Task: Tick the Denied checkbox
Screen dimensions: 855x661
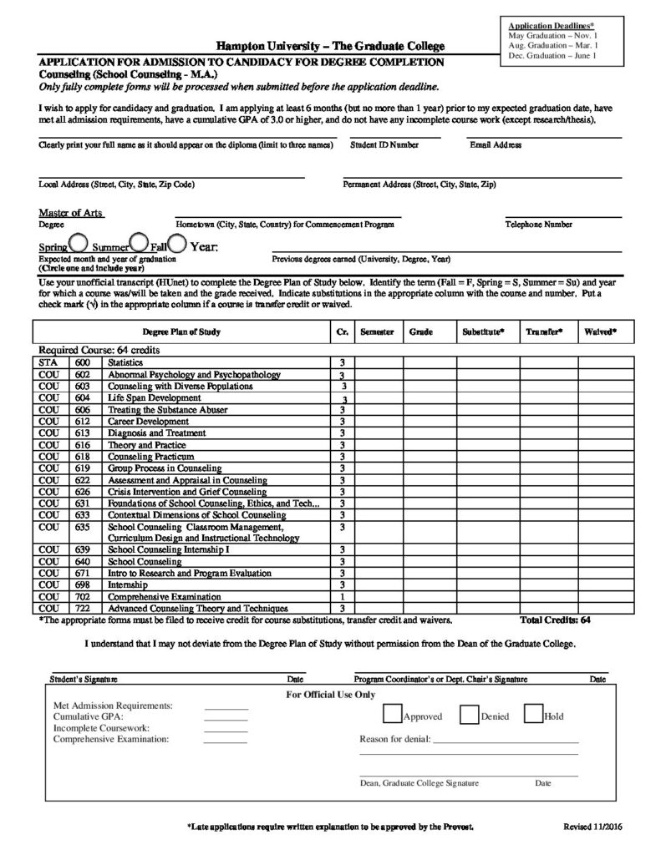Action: tap(468, 714)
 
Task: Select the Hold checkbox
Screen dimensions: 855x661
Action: tap(533, 714)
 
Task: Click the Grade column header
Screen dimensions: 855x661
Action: tap(420, 332)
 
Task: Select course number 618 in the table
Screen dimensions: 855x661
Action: tap(82, 457)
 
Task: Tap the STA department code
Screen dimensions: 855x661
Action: tap(47, 363)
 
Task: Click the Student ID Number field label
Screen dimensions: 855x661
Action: tap(384, 145)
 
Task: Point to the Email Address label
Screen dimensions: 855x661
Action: tap(496, 145)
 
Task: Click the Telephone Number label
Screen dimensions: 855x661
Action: tap(539, 225)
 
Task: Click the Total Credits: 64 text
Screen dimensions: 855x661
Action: tap(556, 620)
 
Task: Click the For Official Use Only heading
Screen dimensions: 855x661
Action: tap(331, 695)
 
